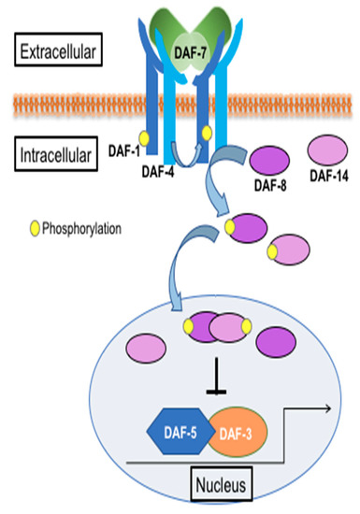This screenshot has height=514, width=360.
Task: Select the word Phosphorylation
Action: [x=86, y=225]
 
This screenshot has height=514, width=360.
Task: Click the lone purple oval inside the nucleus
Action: [x=283, y=337]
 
